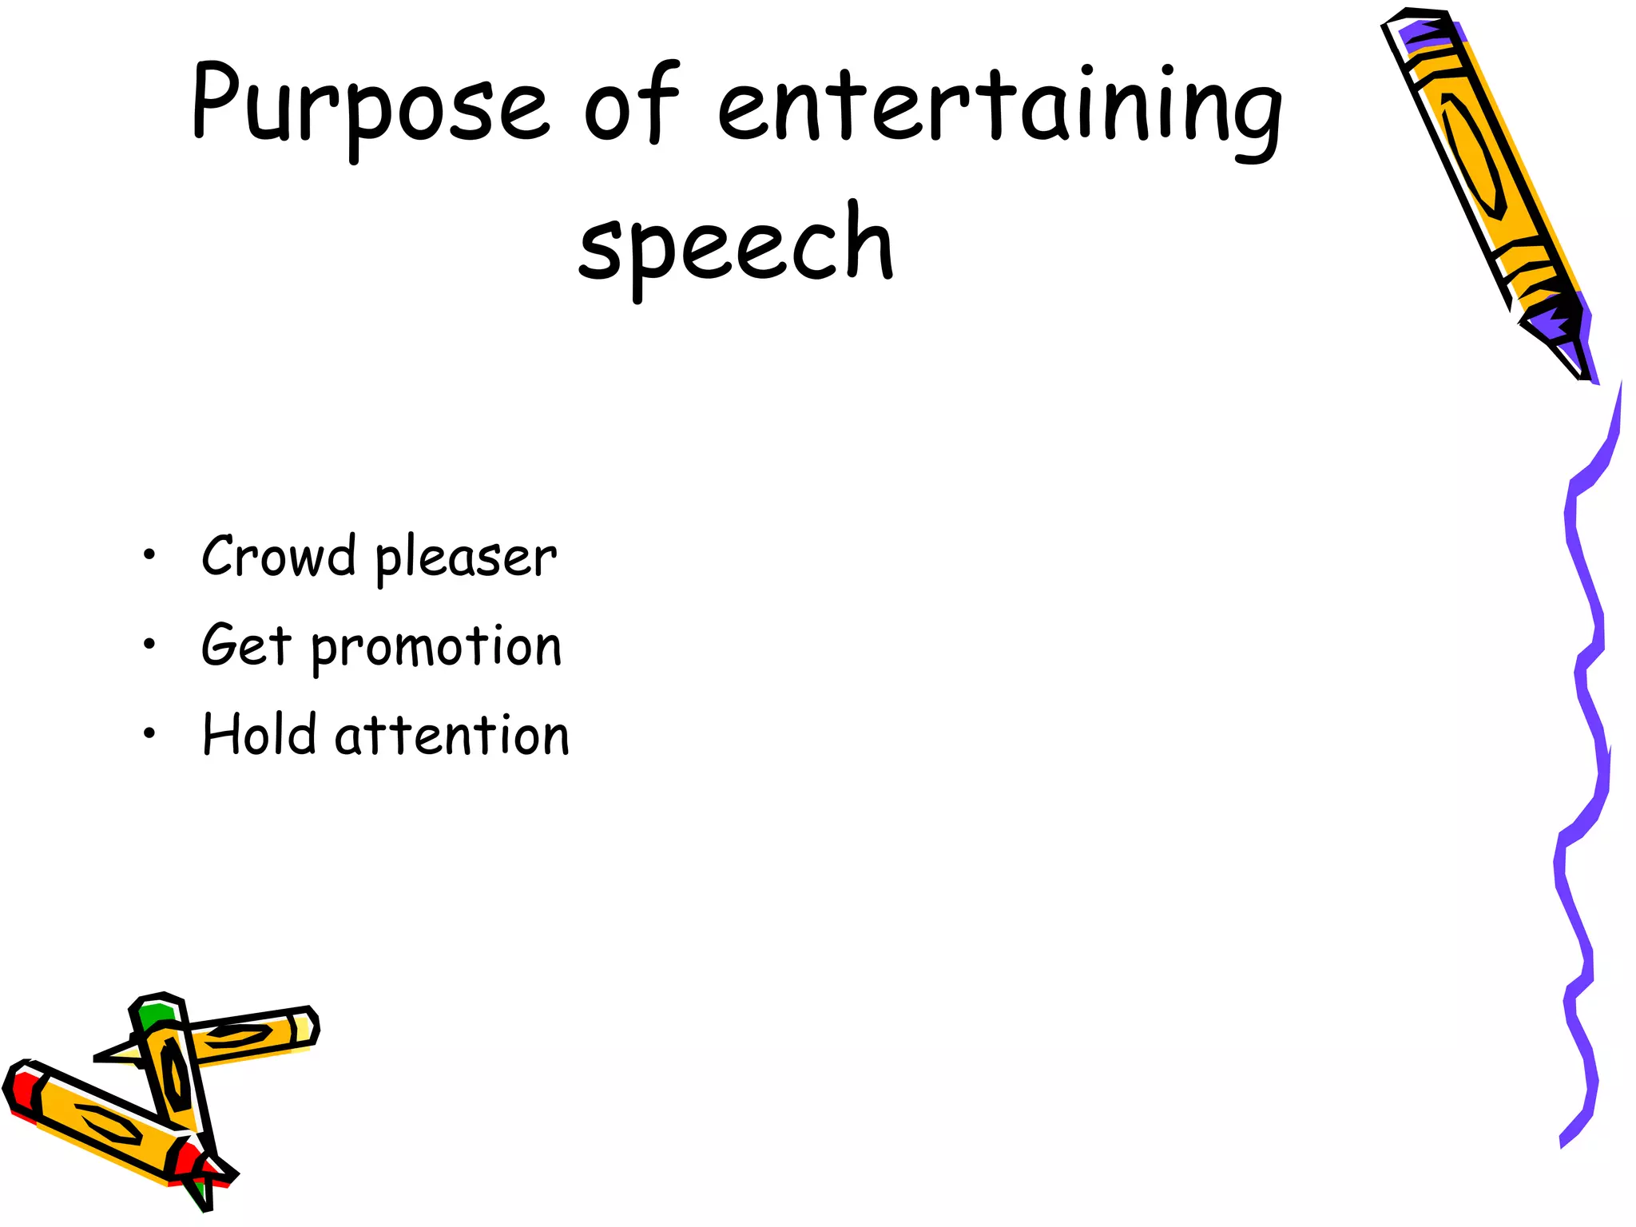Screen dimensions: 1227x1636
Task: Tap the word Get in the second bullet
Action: [246, 645]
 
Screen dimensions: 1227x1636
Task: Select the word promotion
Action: [436, 646]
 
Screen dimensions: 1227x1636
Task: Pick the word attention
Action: [452, 736]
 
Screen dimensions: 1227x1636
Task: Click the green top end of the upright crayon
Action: [153, 1015]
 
